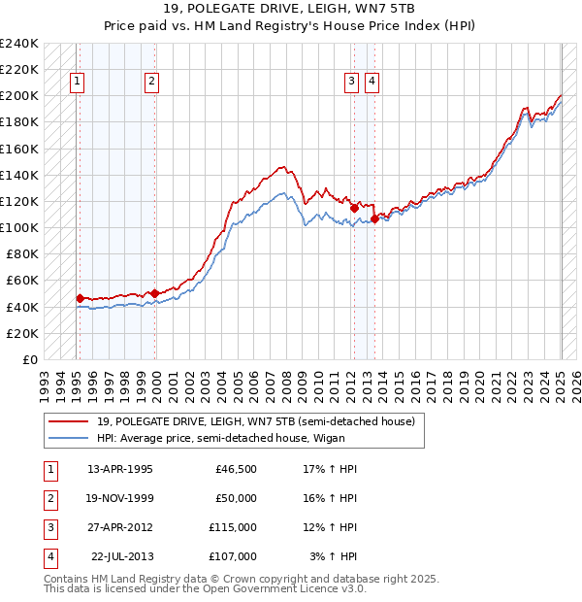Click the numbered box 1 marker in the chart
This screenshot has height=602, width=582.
(77, 83)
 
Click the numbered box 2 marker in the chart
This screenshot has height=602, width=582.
(152, 83)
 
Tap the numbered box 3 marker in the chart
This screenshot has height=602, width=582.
(351, 83)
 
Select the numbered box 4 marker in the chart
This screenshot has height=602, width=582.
(372, 83)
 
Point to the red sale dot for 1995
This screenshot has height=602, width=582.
(80, 298)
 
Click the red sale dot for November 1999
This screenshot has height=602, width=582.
(154, 293)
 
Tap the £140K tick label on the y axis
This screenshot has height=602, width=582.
(19, 175)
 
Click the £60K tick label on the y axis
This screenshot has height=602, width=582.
(22, 281)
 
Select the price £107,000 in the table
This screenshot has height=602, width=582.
(233, 556)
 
